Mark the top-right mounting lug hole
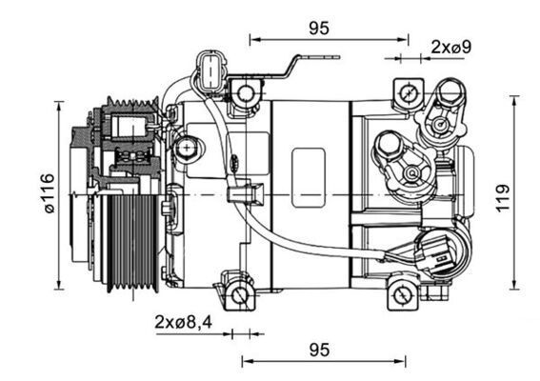pyautogui.click(x=408, y=93)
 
